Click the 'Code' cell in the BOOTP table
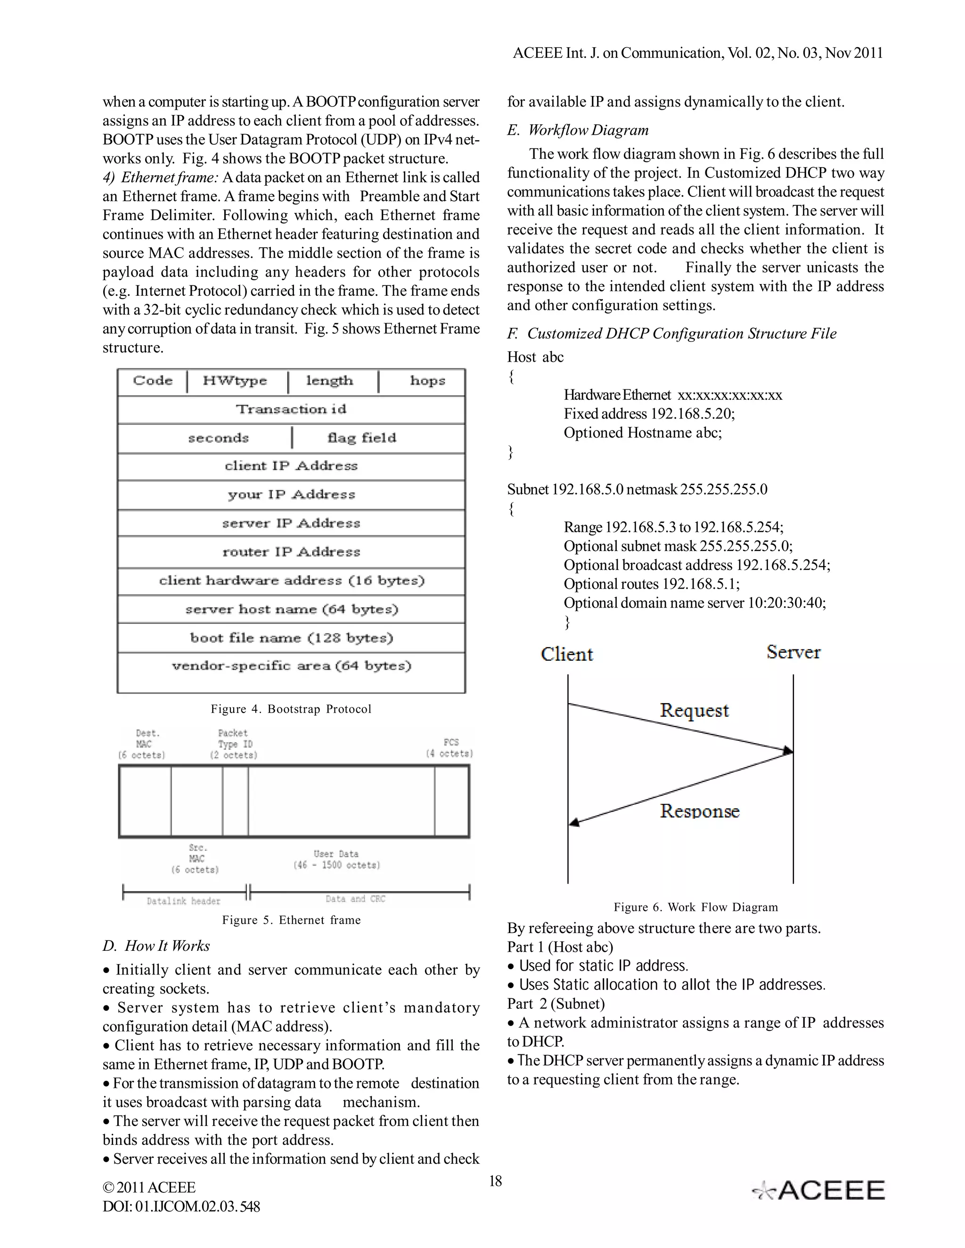point(152,381)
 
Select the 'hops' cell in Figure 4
point(427,381)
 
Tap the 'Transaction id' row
point(291,410)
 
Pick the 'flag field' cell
point(361,438)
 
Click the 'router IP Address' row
point(291,552)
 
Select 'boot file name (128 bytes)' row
point(291,638)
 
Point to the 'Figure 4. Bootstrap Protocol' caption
point(291,709)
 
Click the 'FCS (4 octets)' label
point(450,748)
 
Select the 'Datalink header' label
point(183,901)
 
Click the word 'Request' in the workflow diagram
point(694,711)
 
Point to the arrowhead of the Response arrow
point(574,823)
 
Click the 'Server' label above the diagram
point(793,653)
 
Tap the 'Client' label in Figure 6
point(566,654)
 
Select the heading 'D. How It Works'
point(156,946)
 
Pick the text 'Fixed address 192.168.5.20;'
point(649,413)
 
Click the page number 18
point(495,1181)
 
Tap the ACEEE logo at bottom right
point(818,1190)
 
